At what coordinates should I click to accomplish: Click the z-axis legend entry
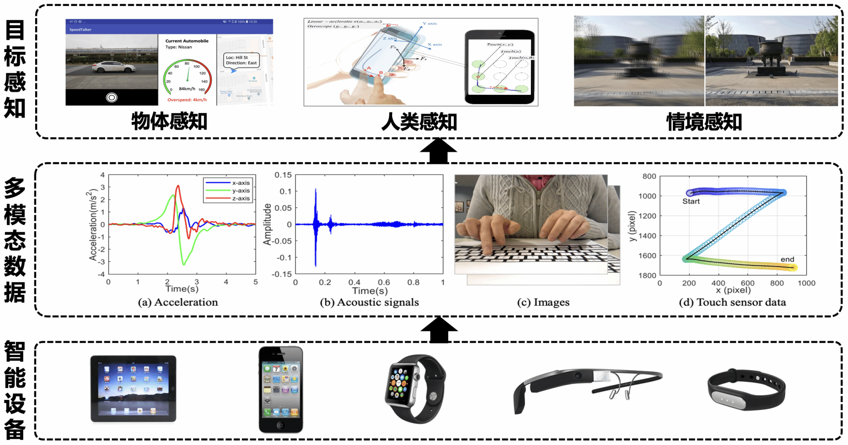[x=241, y=199]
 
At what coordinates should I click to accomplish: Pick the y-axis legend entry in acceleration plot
[x=241, y=191]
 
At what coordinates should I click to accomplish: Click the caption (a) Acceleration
[x=178, y=303]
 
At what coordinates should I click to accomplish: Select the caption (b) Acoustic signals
[x=369, y=303]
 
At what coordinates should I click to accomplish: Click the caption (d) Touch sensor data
[x=732, y=303]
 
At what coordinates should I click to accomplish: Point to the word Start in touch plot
[x=691, y=202]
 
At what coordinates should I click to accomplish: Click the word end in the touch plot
[x=787, y=260]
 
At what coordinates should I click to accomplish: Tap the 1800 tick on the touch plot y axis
[x=647, y=276]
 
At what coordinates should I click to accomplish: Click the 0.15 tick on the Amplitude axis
[x=283, y=176]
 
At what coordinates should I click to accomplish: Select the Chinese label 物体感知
[x=169, y=122]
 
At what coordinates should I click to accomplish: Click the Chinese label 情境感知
[x=704, y=122]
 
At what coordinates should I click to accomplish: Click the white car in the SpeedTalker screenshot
[x=113, y=67]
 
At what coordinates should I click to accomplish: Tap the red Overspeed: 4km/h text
[x=187, y=100]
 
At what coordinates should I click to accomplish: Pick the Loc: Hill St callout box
[x=241, y=60]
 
